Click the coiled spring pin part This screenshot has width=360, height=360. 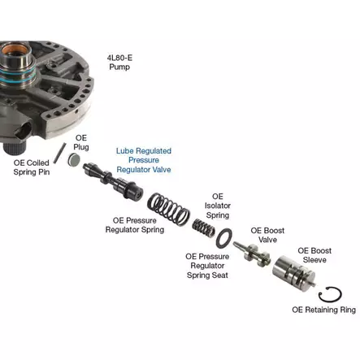click(x=59, y=153)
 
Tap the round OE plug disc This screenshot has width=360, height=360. click(x=74, y=160)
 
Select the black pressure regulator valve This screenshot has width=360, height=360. click(x=113, y=181)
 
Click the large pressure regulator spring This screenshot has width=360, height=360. click(x=168, y=209)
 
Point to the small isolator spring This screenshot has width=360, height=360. click(x=204, y=228)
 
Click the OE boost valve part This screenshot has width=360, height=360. click(x=252, y=254)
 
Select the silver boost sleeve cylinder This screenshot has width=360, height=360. click(x=293, y=273)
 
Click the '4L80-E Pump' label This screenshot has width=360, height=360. click(x=119, y=63)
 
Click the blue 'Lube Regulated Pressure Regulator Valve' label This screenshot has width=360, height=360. click(x=144, y=160)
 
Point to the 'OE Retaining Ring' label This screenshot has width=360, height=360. click(x=323, y=310)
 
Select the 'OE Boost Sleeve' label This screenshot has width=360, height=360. click(x=314, y=255)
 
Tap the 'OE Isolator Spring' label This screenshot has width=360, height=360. click(x=218, y=206)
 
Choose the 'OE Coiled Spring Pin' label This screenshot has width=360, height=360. click(x=32, y=167)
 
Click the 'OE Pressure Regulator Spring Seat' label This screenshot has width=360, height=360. click(x=207, y=266)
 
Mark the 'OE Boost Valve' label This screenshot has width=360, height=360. click(x=267, y=235)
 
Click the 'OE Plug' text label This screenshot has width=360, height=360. click(x=81, y=142)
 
